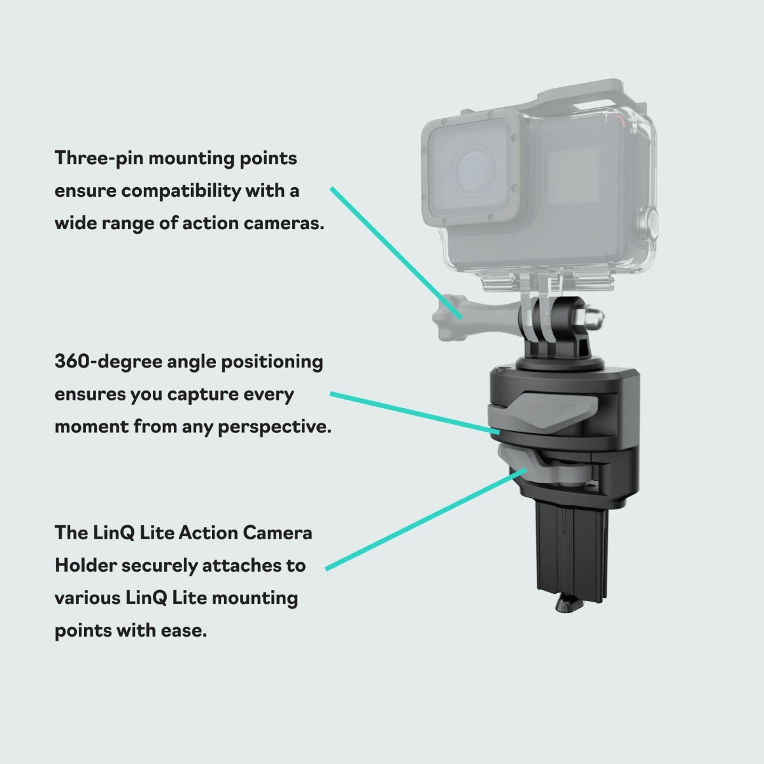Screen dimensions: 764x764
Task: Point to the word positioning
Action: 272,362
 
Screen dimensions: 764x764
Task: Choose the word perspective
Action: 274,427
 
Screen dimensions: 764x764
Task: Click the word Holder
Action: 86,565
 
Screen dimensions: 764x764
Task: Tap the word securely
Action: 159,565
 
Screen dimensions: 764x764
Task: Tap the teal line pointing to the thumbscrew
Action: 396,253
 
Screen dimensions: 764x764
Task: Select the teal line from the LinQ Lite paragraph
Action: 426,519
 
